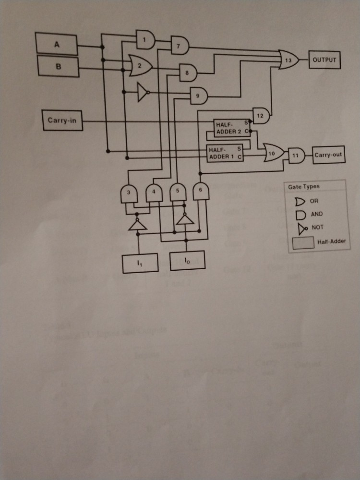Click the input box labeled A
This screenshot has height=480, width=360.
(57, 45)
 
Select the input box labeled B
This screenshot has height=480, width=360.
(58, 66)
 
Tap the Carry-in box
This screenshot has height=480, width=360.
(62, 120)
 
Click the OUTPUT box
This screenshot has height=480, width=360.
(324, 60)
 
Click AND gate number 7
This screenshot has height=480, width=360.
(180, 46)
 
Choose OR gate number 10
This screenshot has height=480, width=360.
(273, 153)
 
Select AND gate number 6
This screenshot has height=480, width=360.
(201, 191)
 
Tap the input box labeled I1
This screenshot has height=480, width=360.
(139, 263)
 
